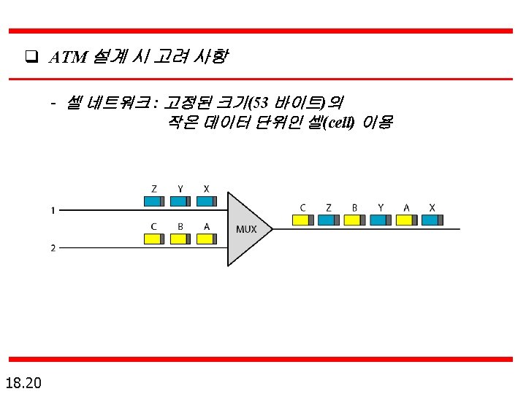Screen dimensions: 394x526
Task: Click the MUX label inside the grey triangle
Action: coord(246,229)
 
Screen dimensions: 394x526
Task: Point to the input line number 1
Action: coord(53,212)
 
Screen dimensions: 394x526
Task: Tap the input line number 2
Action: coord(53,248)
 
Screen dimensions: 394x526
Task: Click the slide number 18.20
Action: coord(23,382)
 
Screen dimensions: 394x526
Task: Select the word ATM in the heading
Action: coord(69,56)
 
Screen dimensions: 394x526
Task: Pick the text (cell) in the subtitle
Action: coord(337,123)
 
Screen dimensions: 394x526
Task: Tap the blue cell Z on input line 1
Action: coord(153,201)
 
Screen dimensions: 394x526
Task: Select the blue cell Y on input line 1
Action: coord(180,201)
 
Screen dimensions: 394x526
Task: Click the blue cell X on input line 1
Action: coord(207,201)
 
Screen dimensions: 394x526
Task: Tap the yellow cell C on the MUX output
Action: coord(302,220)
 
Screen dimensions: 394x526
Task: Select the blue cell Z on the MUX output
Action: coord(329,220)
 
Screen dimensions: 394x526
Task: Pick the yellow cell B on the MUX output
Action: coord(355,220)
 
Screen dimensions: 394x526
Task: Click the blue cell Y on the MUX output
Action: coord(381,220)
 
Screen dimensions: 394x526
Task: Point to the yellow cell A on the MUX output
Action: coord(407,220)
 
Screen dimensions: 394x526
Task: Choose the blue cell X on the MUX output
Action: coord(432,220)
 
